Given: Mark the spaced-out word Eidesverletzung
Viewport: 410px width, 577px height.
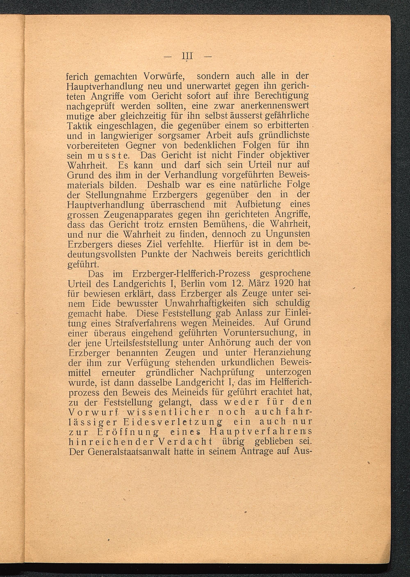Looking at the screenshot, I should point(173,422).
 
